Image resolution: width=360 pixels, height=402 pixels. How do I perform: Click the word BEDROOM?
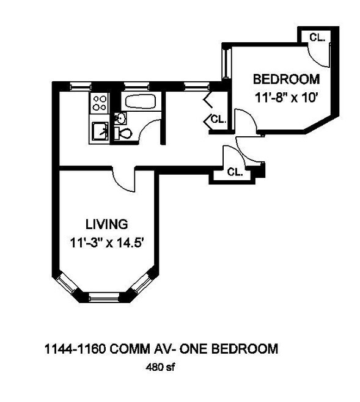[x=286, y=79]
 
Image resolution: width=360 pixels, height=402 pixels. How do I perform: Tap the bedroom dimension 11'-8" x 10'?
[x=286, y=97]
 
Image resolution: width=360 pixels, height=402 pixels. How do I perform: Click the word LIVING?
[x=106, y=223]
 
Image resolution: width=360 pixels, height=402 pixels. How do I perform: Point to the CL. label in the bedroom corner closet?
[x=317, y=37]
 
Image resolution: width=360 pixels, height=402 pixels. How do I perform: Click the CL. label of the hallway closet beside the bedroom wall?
[x=218, y=120]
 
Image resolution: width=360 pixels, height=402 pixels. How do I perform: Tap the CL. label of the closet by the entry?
[x=235, y=172]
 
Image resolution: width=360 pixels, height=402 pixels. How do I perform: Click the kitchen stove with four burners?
[x=100, y=103]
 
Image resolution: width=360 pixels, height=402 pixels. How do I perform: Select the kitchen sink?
[x=100, y=130]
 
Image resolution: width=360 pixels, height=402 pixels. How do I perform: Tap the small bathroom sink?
[x=120, y=117]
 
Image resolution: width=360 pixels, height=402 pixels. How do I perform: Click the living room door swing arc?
[x=122, y=180]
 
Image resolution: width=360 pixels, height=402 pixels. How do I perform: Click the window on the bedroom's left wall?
[x=225, y=62]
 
